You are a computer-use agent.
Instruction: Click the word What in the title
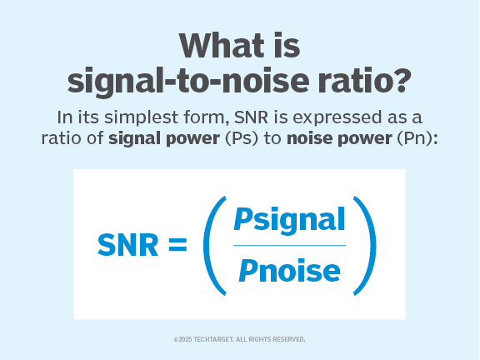pyautogui.click(x=222, y=46)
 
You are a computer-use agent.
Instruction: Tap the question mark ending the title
pyautogui.click(x=402, y=79)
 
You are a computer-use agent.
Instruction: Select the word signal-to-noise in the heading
pyautogui.click(x=188, y=81)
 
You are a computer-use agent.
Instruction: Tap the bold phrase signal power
pyautogui.click(x=164, y=138)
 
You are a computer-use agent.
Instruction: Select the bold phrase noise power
pyautogui.click(x=339, y=138)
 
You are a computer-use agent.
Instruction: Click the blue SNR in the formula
pyautogui.click(x=127, y=245)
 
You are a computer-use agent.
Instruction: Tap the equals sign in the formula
pyautogui.click(x=177, y=245)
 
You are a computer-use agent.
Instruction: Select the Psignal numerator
pyautogui.click(x=289, y=220)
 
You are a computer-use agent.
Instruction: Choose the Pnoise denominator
pyautogui.click(x=289, y=271)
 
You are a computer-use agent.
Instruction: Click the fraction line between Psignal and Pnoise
pyautogui.click(x=289, y=246)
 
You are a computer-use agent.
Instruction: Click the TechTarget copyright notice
pyautogui.click(x=239, y=339)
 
